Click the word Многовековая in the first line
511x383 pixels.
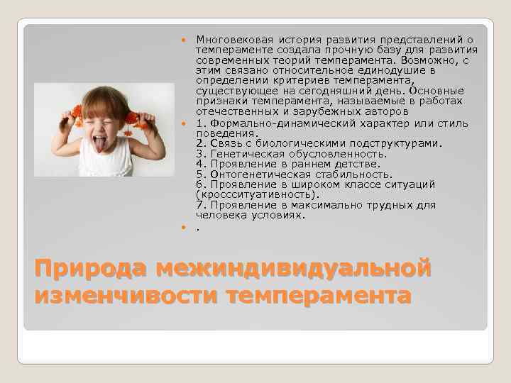229,40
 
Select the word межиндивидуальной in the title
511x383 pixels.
295,270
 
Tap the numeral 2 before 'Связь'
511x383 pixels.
199,143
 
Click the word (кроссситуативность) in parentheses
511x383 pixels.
258,194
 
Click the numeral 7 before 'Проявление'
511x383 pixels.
199,205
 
